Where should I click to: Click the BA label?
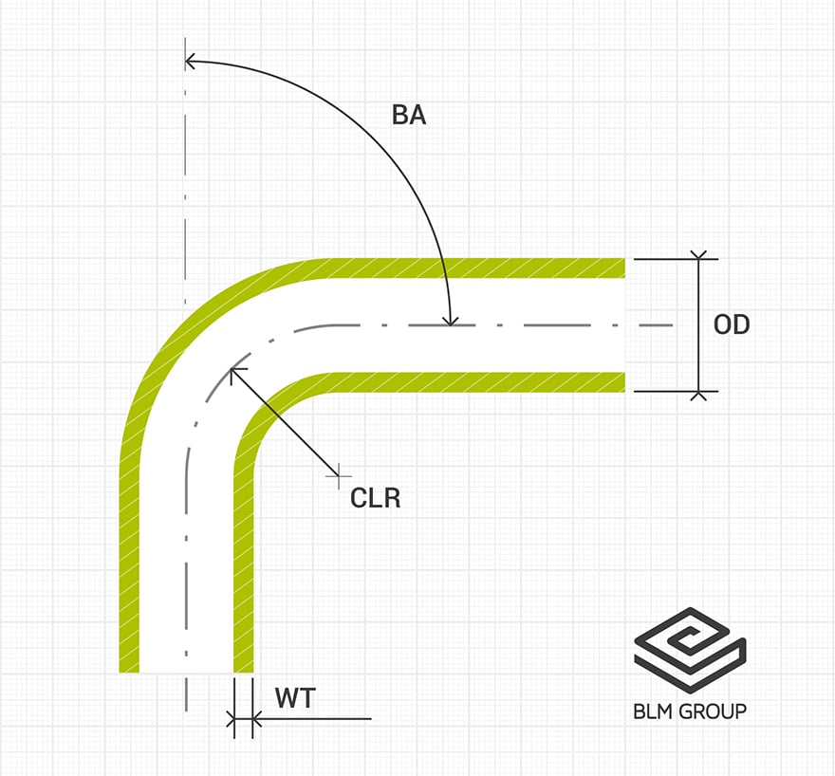point(409,116)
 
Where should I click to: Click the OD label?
point(731,324)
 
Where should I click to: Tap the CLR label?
point(376,497)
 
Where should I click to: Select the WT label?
point(294,699)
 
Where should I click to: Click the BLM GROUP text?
point(690,711)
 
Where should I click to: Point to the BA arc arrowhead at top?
point(190,62)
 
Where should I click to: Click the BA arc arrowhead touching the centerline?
point(452,321)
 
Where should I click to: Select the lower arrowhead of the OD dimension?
point(699,393)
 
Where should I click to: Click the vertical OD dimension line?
point(699,324)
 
